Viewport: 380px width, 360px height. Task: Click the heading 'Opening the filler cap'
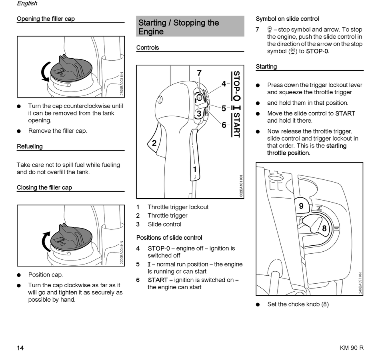click(46, 19)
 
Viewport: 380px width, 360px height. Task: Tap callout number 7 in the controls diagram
click(199, 73)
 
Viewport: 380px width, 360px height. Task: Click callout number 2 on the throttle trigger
click(154, 143)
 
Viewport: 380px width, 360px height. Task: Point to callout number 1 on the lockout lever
click(195, 170)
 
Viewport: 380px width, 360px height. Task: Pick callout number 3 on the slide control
click(199, 114)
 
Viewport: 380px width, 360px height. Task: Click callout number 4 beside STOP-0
click(224, 84)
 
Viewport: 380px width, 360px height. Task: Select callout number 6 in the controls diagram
click(224, 125)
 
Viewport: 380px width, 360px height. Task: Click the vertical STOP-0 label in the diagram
click(236, 86)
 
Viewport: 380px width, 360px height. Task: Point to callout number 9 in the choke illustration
click(301, 206)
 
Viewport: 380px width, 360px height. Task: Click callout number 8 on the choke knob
click(324, 229)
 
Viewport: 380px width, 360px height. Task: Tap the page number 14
click(20, 348)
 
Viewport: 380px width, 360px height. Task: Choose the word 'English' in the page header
click(27, 4)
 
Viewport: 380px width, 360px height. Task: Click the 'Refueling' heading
click(30, 147)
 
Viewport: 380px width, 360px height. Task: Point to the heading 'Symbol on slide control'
click(287, 19)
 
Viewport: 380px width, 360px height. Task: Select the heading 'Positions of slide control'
click(169, 238)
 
